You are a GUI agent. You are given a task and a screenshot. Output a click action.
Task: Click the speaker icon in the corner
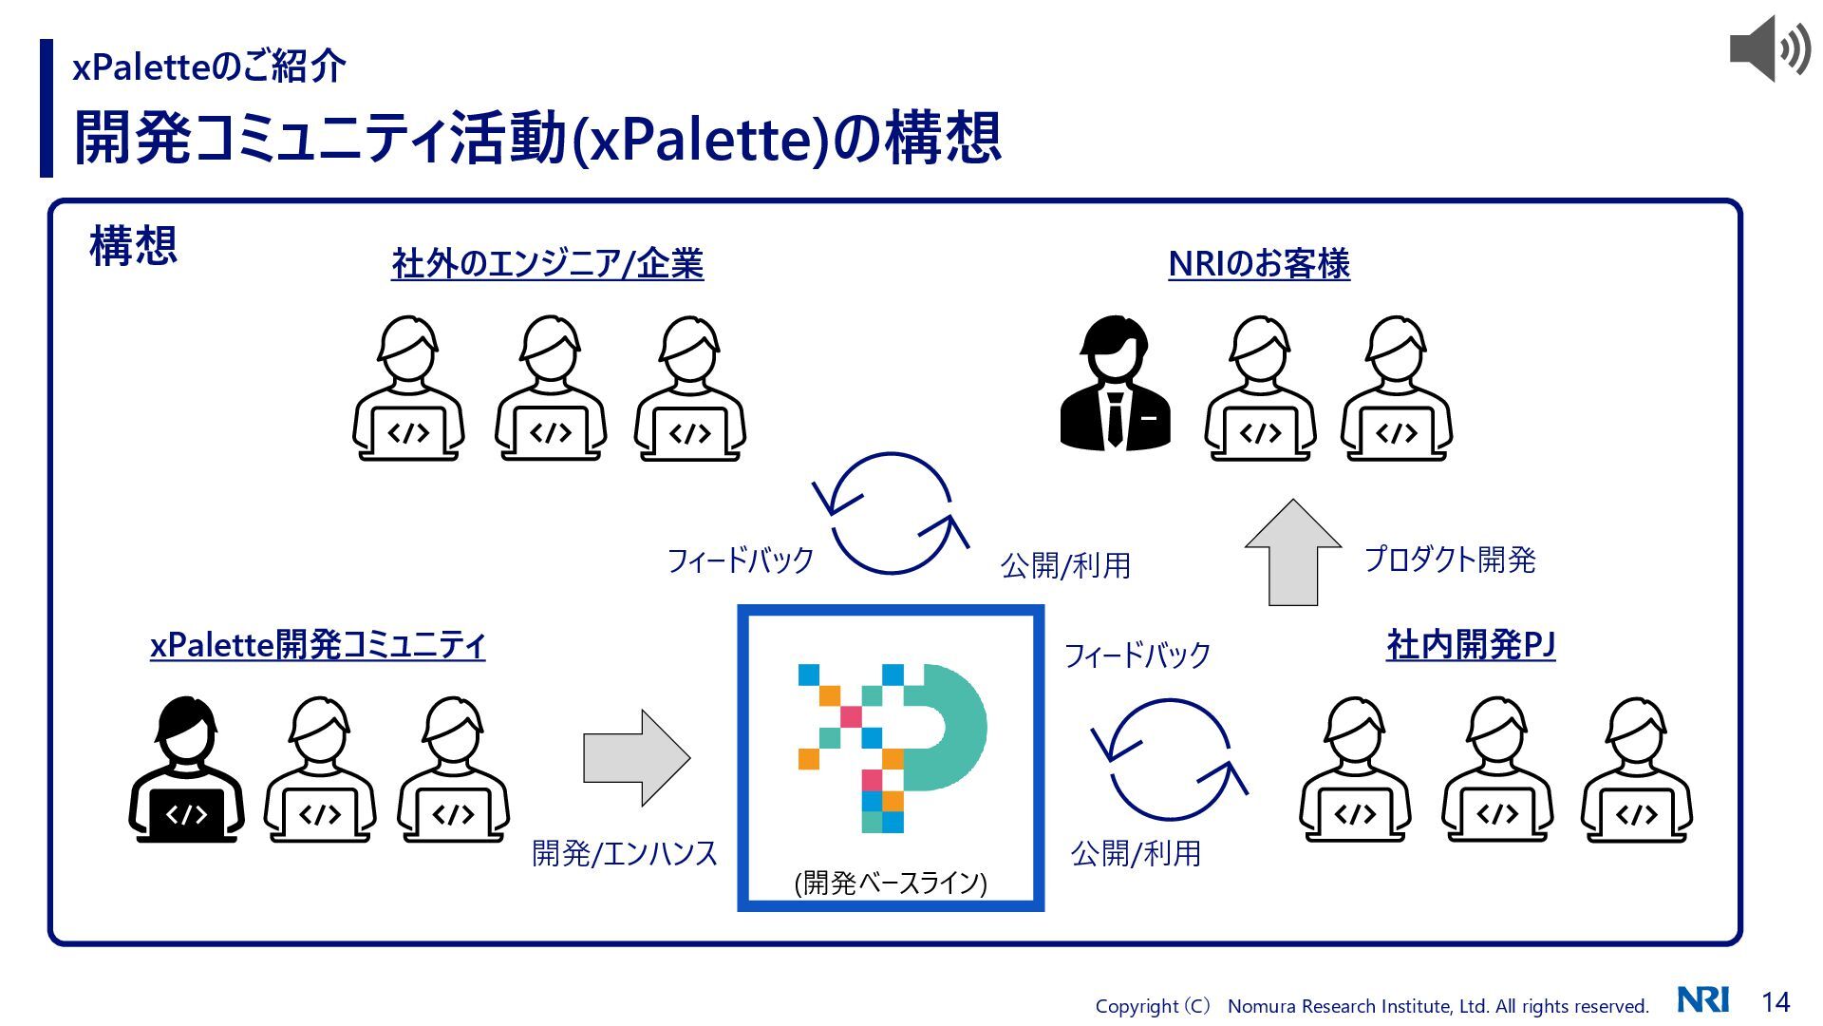(x=1769, y=48)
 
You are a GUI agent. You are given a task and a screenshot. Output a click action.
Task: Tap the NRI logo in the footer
(x=1702, y=999)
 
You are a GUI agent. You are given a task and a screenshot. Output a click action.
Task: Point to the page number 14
(x=1776, y=1001)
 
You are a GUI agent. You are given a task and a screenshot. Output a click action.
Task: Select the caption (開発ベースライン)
(x=891, y=883)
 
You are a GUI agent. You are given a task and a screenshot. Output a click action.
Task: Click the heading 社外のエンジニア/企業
(x=548, y=263)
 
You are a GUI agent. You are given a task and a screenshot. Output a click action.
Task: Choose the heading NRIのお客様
(x=1259, y=263)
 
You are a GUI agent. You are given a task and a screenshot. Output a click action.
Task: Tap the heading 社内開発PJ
(x=1471, y=645)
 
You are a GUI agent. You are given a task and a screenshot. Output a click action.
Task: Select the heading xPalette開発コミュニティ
(x=317, y=645)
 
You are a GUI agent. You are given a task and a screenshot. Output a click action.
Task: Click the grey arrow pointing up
(x=1292, y=553)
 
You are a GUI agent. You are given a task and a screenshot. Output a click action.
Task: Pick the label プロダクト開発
(x=1450, y=559)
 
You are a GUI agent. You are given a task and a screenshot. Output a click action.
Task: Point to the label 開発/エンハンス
(x=624, y=853)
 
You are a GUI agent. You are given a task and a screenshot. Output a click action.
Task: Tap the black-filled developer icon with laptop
(x=186, y=769)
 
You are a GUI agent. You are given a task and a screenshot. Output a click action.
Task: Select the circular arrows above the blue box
(x=891, y=513)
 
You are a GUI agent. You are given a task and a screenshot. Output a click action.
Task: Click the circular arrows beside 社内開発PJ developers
(x=1170, y=760)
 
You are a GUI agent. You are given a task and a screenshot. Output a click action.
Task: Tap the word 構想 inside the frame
(x=133, y=245)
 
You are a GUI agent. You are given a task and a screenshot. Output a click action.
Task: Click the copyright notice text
(x=1372, y=1006)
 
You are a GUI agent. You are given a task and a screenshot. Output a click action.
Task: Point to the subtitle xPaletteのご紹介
(x=209, y=66)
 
